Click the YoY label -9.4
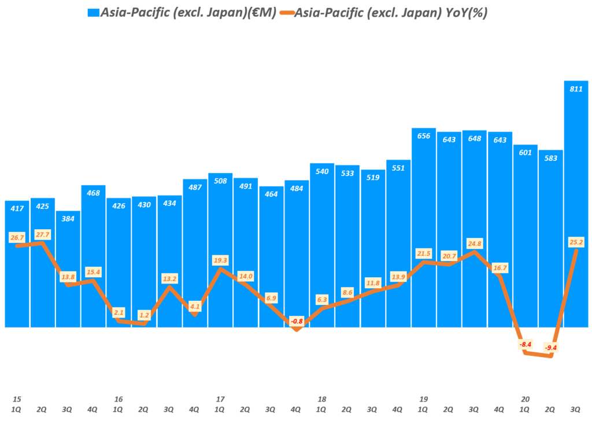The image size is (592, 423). (x=550, y=348)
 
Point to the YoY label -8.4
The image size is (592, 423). (x=525, y=344)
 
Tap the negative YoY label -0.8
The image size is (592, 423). (x=297, y=321)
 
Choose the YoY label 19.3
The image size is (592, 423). (x=220, y=260)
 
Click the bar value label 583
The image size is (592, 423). (x=550, y=158)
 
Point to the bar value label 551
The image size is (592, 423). (x=398, y=168)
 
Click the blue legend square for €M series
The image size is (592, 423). (x=92, y=13)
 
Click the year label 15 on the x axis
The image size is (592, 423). (x=17, y=399)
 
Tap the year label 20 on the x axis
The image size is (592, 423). (x=525, y=399)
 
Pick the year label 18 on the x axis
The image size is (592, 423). (x=322, y=399)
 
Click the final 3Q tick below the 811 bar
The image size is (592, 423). (x=576, y=409)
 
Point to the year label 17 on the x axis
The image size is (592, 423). (x=220, y=399)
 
